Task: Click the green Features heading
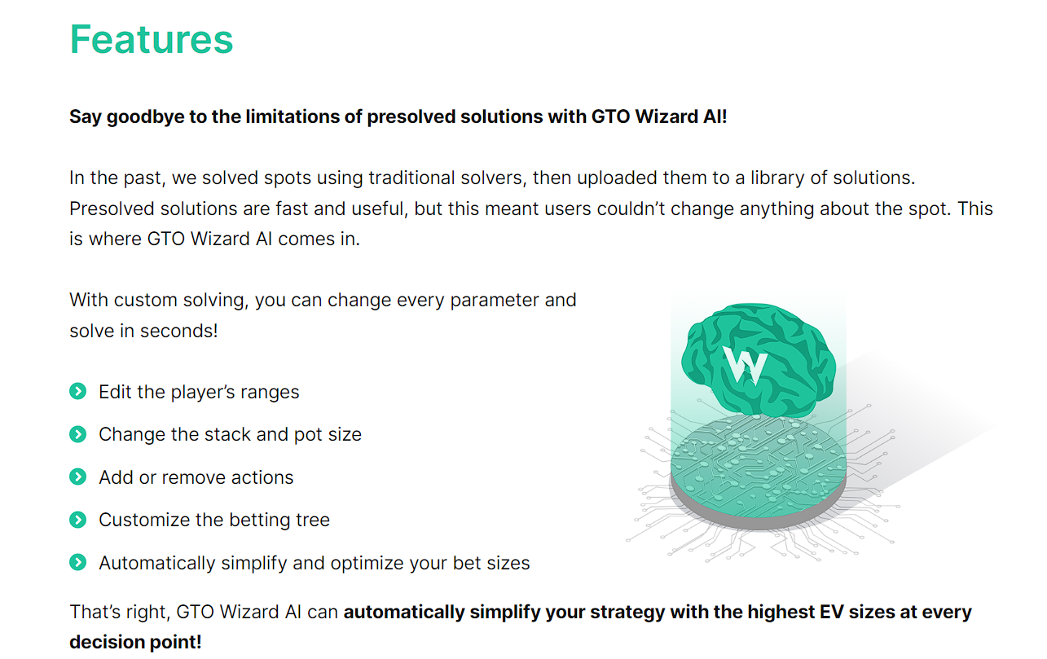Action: coord(151,40)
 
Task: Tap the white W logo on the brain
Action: coord(745,366)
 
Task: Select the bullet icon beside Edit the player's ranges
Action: coord(78,391)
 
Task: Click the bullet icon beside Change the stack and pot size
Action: coord(78,434)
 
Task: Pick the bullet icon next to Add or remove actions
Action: coord(78,477)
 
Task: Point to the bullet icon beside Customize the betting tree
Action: coord(78,520)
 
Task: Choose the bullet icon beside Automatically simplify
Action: coord(78,562)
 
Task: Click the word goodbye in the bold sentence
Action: coord(145,116)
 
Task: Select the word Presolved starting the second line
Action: coord(112,209)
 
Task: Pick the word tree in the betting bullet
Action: coord(313,521)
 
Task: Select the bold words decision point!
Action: coord(135,643)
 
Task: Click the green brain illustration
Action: coord(758,360)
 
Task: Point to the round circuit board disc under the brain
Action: coord(758,472)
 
